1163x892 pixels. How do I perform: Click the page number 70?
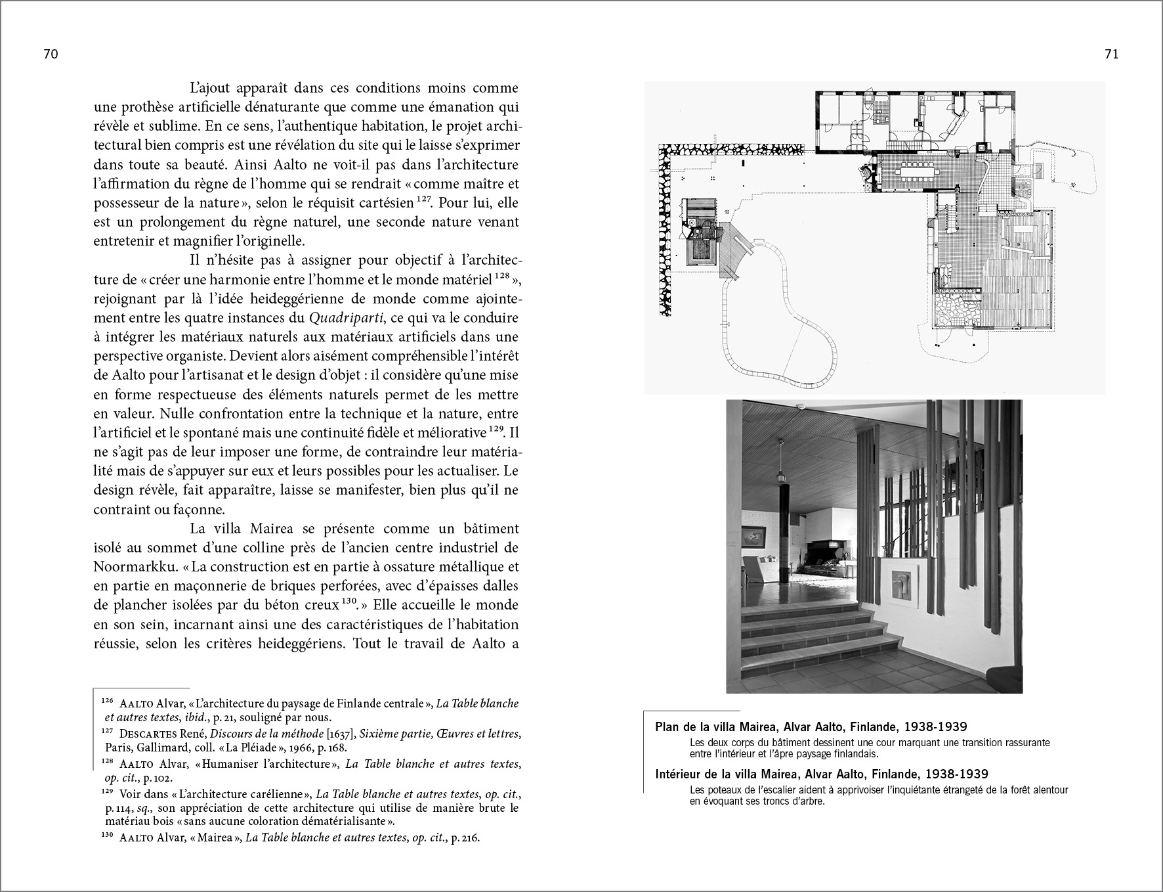[x=51, y=55]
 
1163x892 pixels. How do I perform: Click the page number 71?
[x=1111, y=55]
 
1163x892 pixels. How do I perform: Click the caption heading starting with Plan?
[x=811, y=727]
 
